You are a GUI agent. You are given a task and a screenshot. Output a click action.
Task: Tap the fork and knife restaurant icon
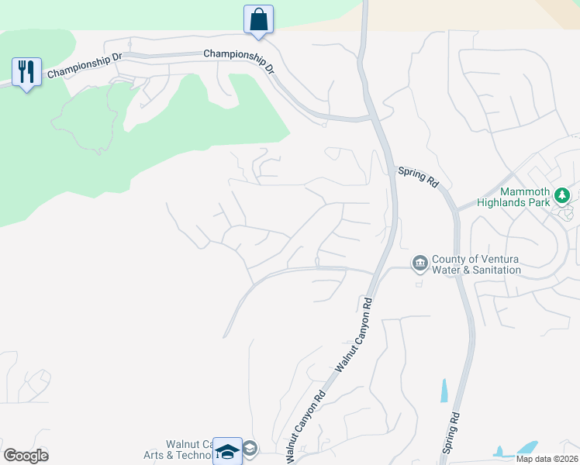click(x=27, y=72)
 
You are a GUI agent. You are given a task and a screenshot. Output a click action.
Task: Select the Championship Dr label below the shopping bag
click(x=239, y=60)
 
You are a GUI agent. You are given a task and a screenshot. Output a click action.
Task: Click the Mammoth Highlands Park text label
click(x=526, y=197)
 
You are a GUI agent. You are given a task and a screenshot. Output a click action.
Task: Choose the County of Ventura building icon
click(x=419, y=263)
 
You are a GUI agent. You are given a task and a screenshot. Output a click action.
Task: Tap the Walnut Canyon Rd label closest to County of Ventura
click(x=354, y=333)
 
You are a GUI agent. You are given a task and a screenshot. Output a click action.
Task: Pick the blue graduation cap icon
click(x=227, y=450)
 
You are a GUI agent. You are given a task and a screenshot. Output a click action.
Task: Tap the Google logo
click(x=26, y=456)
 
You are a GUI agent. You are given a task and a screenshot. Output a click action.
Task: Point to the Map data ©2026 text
click(x=546, y=458)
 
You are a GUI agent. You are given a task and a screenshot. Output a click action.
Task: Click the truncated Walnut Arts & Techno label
click(x=178, y=450)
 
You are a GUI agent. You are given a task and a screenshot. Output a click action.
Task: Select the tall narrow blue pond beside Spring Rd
click(x=444, y=391)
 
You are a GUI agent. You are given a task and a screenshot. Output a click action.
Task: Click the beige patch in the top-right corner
click(x=562, y=12)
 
